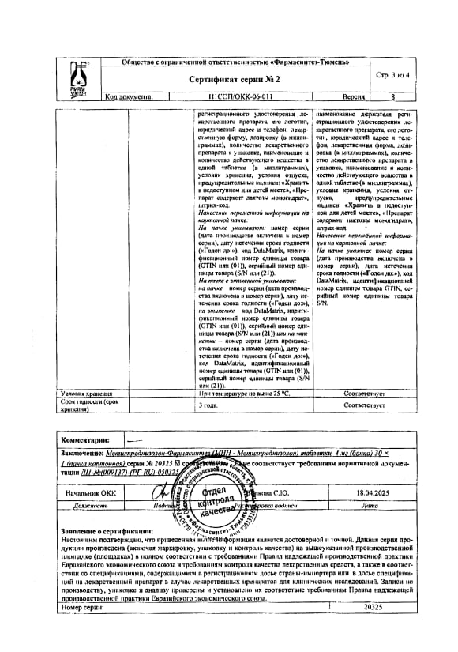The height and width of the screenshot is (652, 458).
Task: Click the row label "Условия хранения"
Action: point(89,393)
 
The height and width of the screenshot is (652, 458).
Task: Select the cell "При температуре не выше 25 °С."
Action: point(245,393)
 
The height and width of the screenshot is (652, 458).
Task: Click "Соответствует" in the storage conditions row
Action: point(363,393)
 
